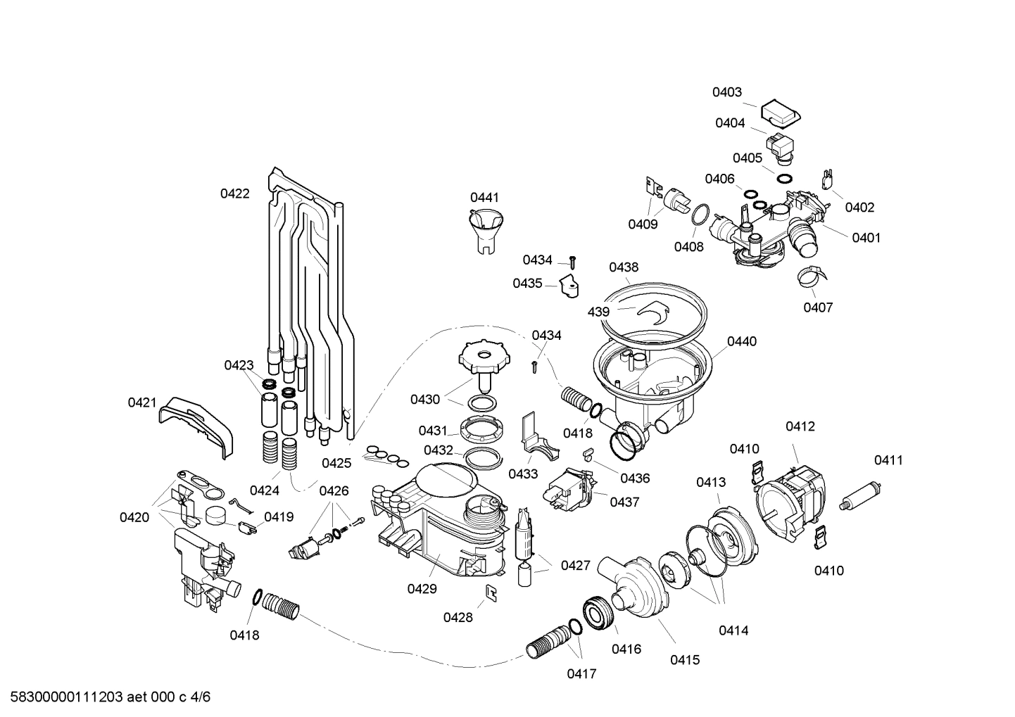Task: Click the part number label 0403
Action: pos(726,92)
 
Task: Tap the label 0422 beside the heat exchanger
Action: pos(234,193)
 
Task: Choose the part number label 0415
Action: pos(684,660)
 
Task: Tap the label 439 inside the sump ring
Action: pos(598,311)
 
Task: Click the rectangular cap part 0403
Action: pos(781,110)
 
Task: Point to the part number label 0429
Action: pos(422,589)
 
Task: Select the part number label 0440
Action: pos(741,341)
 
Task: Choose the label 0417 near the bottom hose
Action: pos(581,674)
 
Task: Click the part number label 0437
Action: pos(624,502)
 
